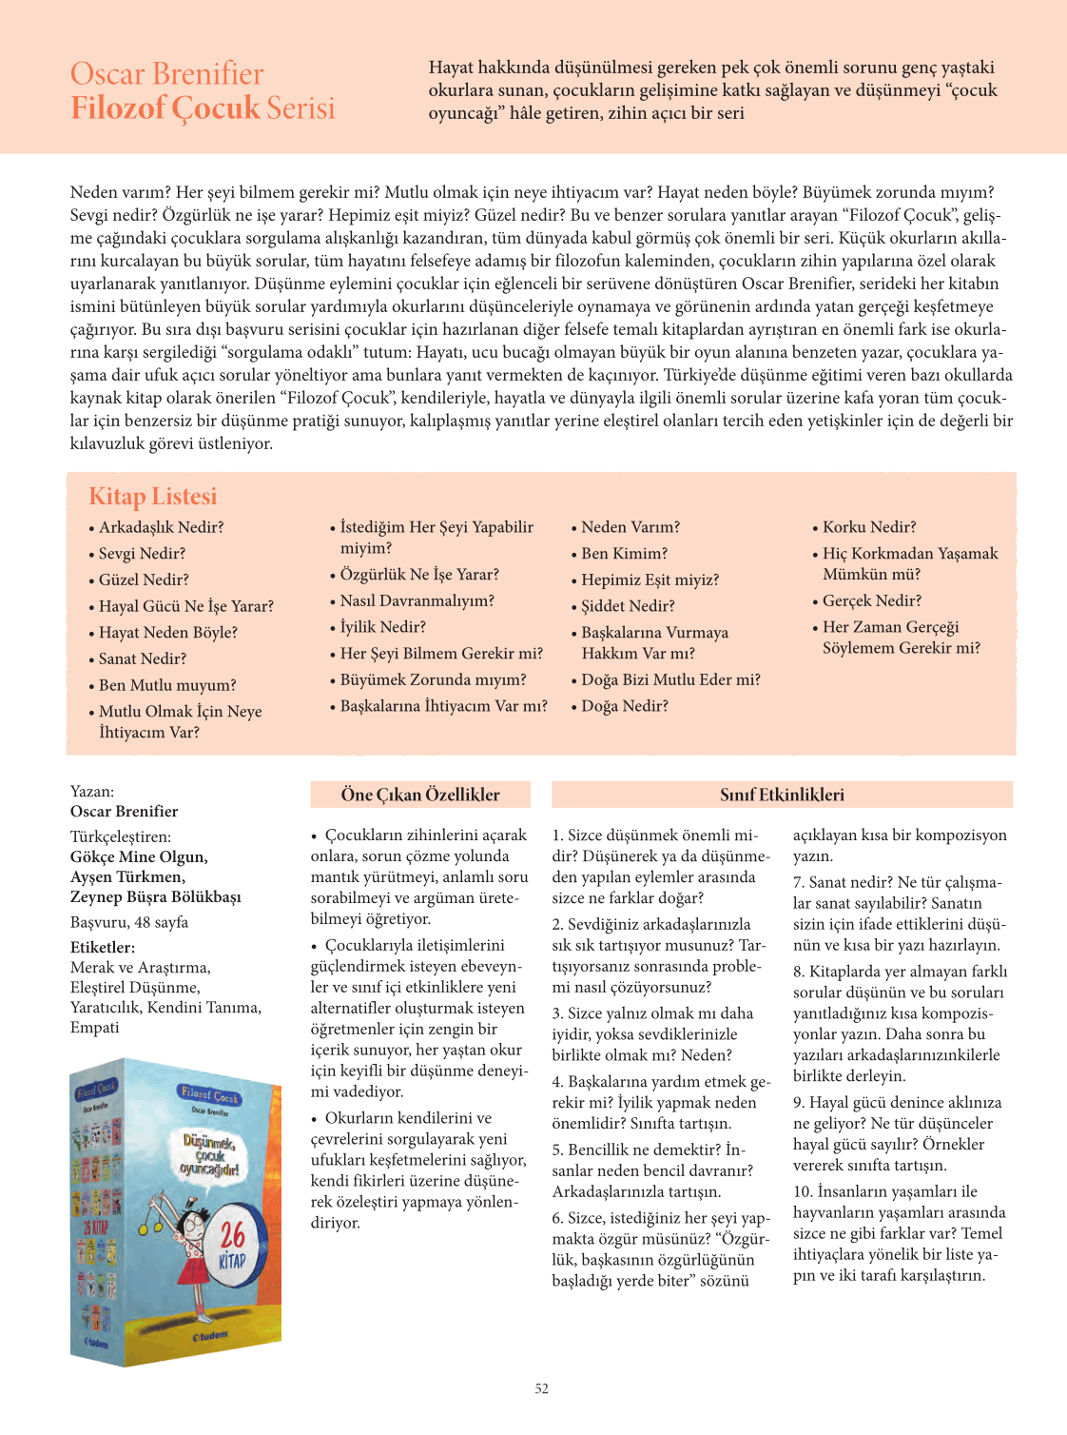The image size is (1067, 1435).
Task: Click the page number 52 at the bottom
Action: pos(541,1388)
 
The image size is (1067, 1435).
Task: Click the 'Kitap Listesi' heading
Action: pos(153,496)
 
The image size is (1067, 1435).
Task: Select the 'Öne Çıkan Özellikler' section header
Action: pos(420,795)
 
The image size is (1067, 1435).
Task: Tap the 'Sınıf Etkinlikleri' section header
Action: pos(782,795)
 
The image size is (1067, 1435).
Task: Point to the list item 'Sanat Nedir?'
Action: pos(143,659)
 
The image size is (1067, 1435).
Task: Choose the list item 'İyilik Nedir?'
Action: pos(383,627)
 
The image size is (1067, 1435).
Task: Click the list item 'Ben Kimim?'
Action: pos(625,553)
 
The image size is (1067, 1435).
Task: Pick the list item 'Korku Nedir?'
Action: pos(869,527)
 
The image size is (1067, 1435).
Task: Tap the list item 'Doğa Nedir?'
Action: pos(625,706)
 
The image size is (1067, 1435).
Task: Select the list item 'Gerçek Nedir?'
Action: pos(872,600)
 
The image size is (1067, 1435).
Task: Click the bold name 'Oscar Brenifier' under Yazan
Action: pos(125,812)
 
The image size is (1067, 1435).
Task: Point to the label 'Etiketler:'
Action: pos(103,948)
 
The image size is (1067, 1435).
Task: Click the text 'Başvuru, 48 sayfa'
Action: pos(129,922)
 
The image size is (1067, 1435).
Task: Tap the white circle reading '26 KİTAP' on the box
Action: pos(232,1245)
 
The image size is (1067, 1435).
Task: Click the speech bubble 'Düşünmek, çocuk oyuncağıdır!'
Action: pos(210,1155)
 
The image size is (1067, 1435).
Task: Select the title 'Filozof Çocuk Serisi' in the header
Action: pos(204,108)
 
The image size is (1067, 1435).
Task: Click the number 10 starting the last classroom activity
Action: pos(802,1191)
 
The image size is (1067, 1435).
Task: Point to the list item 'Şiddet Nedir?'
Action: pos(628,606)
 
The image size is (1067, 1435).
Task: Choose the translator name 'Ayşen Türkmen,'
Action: pos(127,876)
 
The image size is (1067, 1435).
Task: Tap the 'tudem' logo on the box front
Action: pos(210,1336)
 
